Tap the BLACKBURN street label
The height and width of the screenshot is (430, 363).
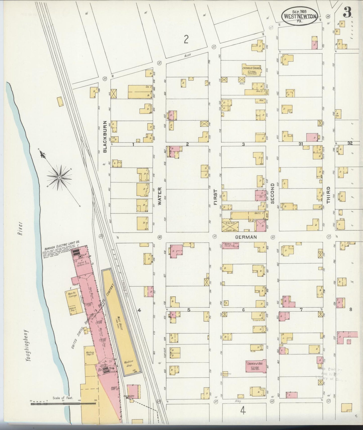[x=105, y=137]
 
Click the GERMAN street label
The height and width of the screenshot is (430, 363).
[x=246, y=237]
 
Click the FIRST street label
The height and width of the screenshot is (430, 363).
[x=215, y=197]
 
